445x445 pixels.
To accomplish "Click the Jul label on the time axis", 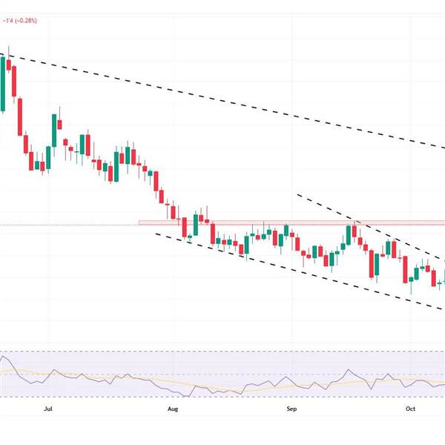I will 48,408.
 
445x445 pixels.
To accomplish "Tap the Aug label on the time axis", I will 173,408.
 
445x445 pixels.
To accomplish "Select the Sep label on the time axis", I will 291,408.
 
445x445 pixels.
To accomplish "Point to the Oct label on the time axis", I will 412,408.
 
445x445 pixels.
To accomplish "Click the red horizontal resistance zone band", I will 297,222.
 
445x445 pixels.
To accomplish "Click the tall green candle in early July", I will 54,130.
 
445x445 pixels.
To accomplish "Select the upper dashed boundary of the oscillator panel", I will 222,352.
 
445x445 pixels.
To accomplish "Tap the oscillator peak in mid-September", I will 348,369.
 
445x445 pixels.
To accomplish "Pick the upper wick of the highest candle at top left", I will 8,51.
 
